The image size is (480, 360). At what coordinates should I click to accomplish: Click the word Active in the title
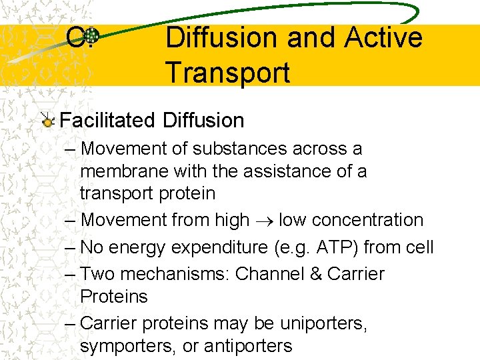point(383,37)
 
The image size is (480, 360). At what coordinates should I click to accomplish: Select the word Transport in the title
point(227,72)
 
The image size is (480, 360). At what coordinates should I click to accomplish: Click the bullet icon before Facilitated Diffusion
point(47,121)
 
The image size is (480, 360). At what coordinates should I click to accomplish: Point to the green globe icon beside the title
point(91,37)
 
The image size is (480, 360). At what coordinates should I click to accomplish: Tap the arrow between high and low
point(264,221)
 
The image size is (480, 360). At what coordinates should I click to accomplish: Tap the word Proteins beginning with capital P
point(113,296)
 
